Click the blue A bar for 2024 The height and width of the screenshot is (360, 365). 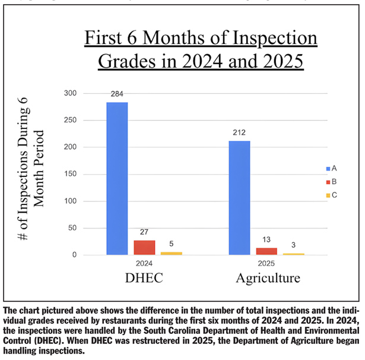(117, 178)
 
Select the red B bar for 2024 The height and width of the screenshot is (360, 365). (144, 247)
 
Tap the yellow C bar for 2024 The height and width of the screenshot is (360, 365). (171, 253)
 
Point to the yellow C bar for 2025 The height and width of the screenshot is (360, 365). (293, 254)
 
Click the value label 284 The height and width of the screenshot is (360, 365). (117, 95)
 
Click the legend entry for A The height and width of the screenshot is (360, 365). (331, 168)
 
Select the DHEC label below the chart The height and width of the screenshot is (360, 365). (144, 278)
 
